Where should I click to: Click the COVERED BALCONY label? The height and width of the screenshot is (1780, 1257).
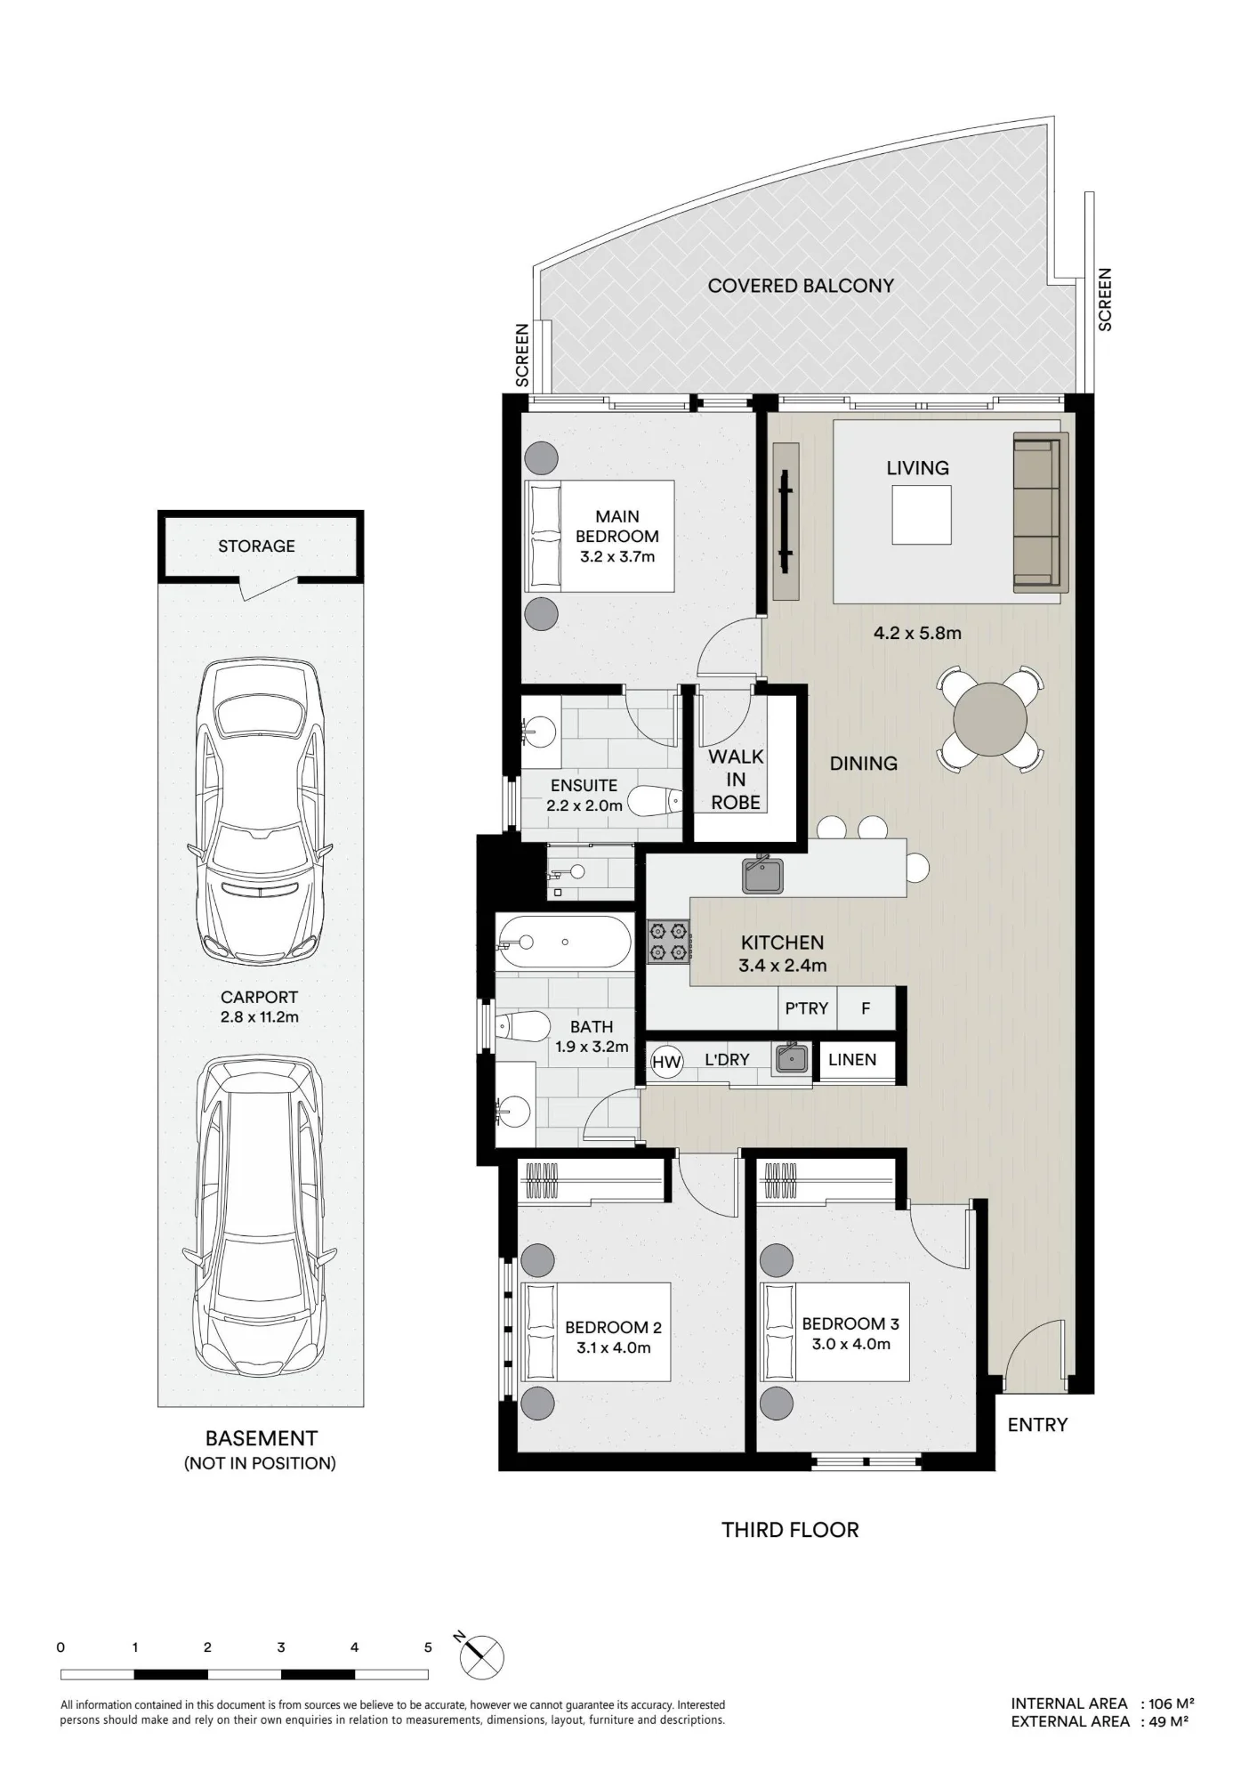pos(801,286)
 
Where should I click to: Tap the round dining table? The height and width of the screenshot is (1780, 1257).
pos(990,718)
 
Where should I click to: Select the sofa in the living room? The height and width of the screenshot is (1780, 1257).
pos(1041,512)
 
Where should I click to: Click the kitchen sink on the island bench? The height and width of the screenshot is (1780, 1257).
pos(762,875)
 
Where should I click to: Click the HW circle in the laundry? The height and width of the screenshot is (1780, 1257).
pos(666,1061)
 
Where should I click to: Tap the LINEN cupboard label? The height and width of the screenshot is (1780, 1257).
pos(852,1060)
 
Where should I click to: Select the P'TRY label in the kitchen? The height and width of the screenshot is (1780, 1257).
pos(806,1008)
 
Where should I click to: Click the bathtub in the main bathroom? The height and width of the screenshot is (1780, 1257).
pos(564,943)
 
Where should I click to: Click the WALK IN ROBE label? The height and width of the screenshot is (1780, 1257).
pos(736,780)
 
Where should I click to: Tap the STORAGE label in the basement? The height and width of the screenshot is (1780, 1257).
pos(256,546)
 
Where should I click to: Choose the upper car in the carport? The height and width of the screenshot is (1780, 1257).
pos(259,812)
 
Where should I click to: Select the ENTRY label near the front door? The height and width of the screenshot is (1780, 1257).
pos(1037,1425)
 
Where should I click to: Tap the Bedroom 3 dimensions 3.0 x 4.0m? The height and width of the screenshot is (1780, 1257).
pos(850,1344)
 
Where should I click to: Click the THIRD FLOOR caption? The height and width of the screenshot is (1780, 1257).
pos(790,1530)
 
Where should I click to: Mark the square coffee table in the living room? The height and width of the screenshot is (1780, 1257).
pos(922,514)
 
